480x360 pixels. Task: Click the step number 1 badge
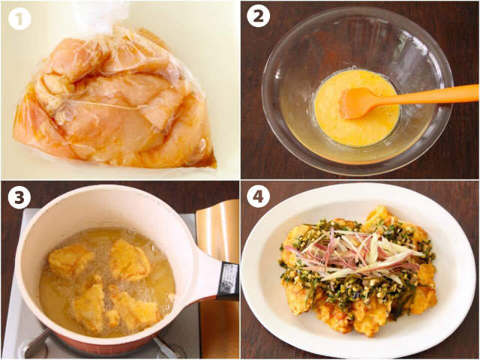[x=19, y=19]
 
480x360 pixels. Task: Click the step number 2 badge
[x=258, y=16]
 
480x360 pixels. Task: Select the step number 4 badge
[x=258, y=197]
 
